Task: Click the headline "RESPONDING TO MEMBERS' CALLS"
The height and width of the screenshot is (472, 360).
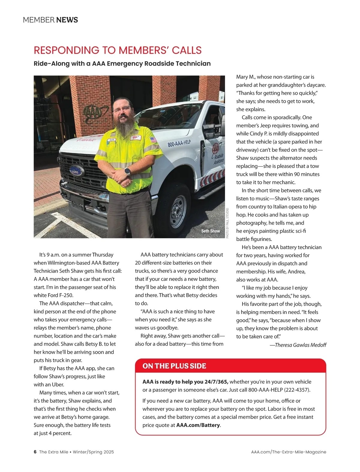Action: [x=118, y=50]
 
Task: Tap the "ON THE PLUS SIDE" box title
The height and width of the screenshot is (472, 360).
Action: [x=174, y=366]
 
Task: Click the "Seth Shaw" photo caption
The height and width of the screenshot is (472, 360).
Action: [x=210, y=231]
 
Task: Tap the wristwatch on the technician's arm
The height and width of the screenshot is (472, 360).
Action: [x=127, y=171]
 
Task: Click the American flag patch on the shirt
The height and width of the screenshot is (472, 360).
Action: [x=153, y=140]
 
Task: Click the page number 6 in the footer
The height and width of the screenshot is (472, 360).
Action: [x=35, y=452]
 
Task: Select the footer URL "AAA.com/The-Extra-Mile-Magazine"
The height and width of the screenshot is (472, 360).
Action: [x=289, y=452]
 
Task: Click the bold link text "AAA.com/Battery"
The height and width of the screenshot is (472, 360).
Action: [x=198, y=425]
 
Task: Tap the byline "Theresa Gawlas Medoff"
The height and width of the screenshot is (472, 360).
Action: [x=300, y=345]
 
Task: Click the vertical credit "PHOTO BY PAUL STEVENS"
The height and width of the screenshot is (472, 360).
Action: [x=227, y=223]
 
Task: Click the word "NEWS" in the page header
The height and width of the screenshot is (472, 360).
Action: [x=67, y=20]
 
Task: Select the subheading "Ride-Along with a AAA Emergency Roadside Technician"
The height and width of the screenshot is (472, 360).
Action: [x=122, y=64]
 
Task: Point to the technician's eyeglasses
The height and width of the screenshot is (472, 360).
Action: [x=122, y=110]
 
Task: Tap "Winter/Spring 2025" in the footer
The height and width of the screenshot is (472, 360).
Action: [x=93, y=452]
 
